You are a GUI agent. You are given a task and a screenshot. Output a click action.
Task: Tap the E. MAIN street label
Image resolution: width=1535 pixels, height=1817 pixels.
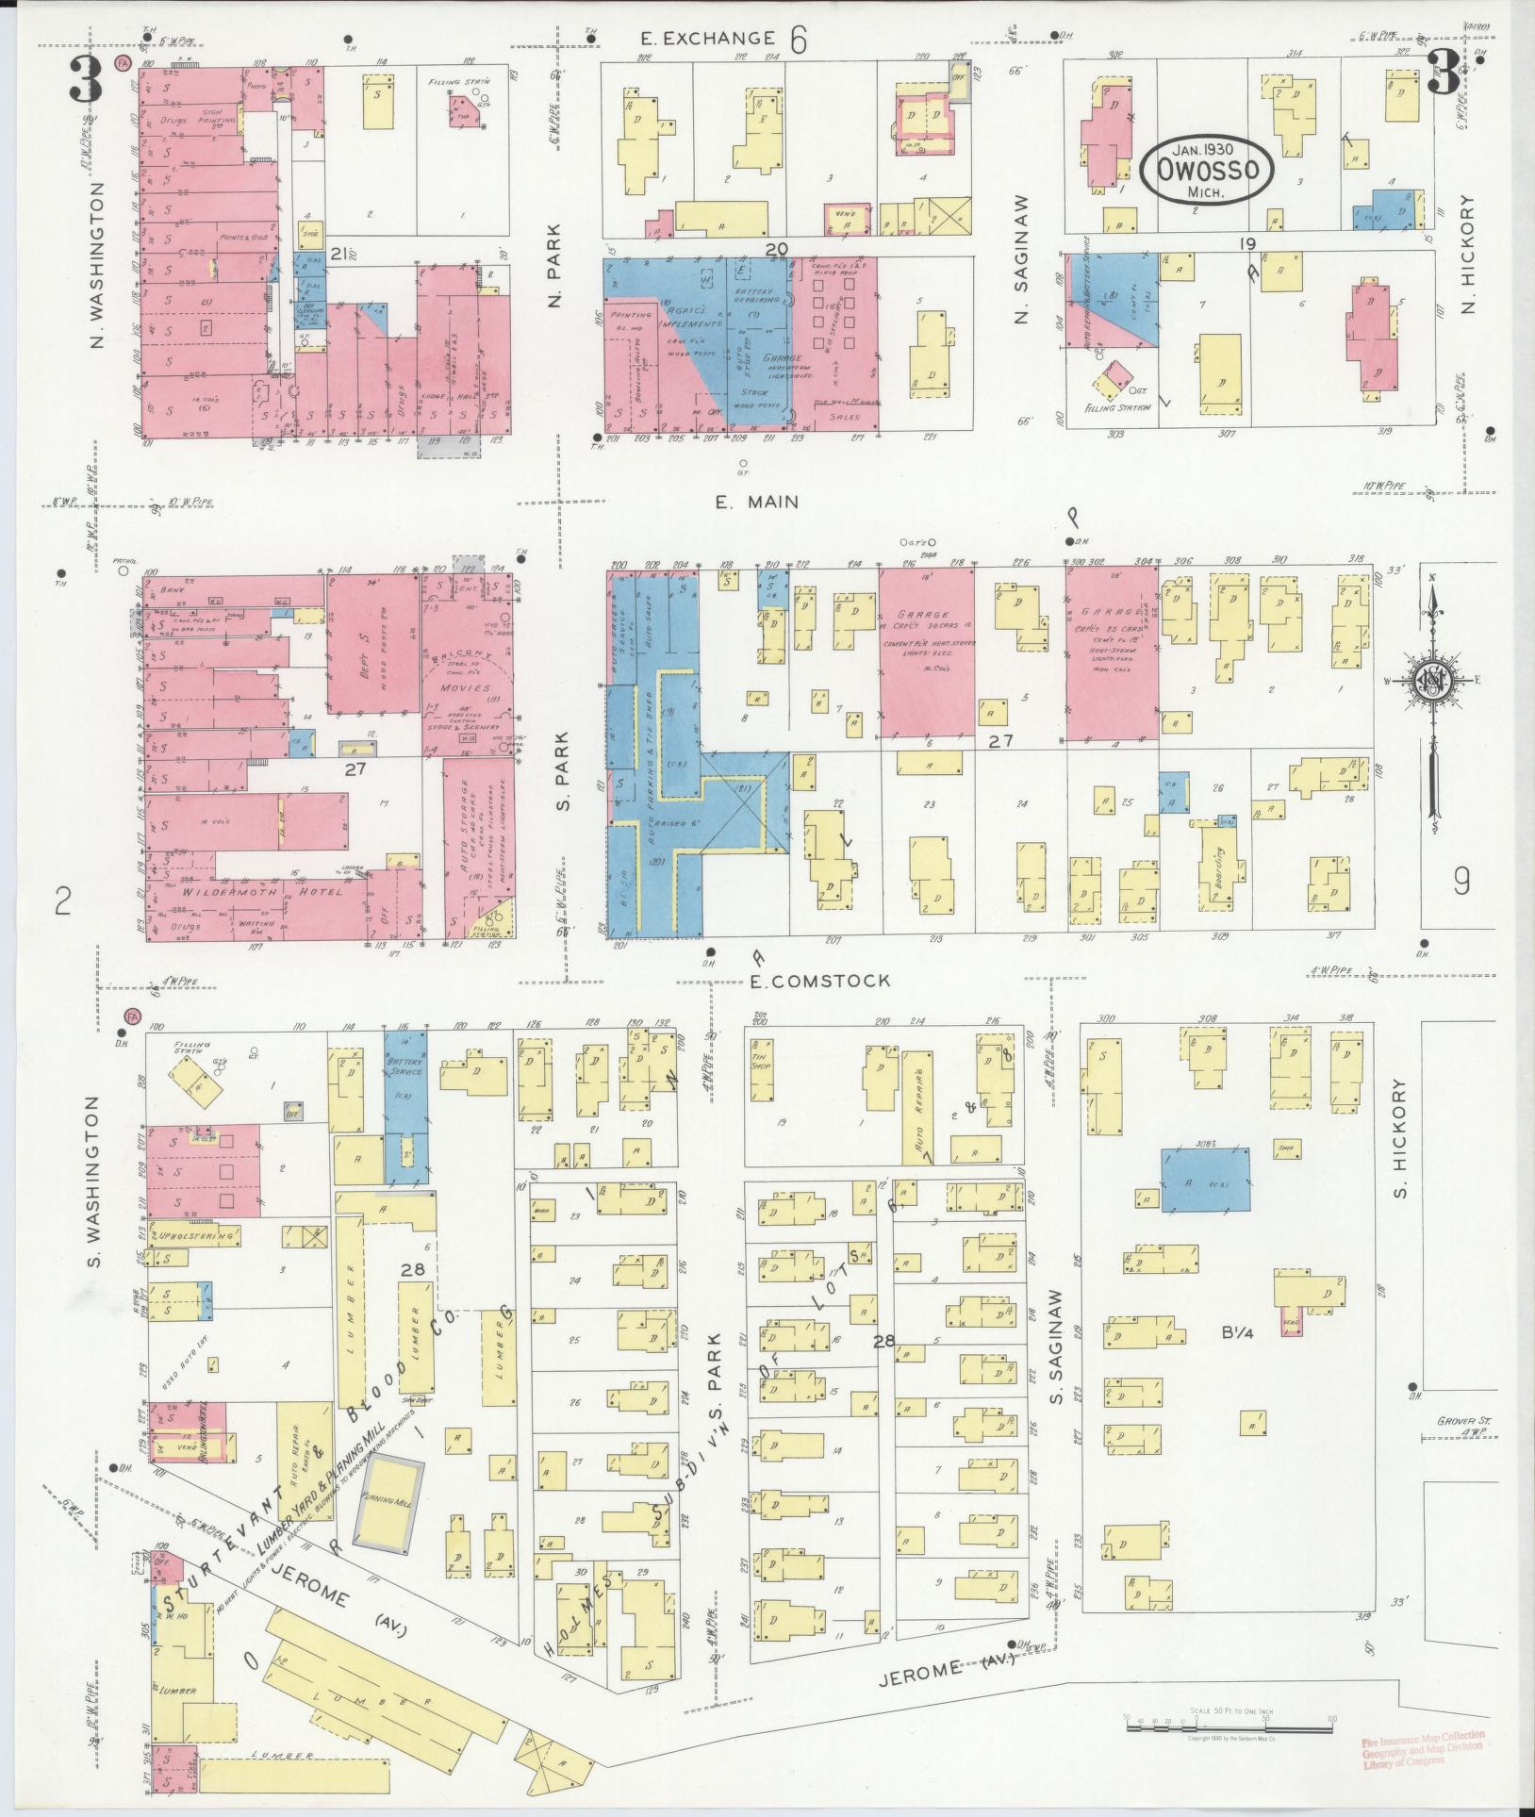[x=756, y=503]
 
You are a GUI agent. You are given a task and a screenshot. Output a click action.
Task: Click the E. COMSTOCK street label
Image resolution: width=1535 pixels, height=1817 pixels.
[x=819, y=981]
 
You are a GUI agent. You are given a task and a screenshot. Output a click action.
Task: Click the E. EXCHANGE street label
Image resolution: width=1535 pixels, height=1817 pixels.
[x=706, y=39]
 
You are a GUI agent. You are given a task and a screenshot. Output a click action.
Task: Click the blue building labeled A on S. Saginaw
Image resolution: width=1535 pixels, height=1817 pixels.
[x=1206, y=1180]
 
